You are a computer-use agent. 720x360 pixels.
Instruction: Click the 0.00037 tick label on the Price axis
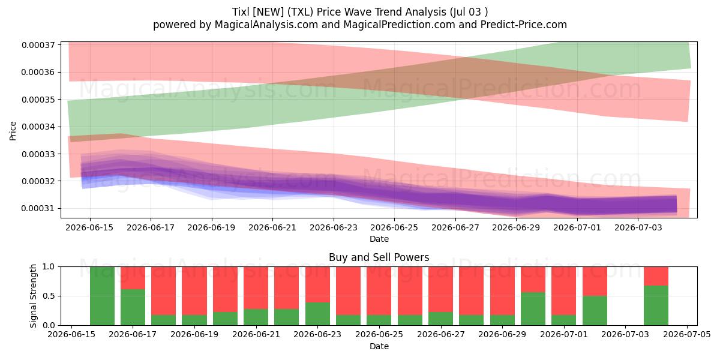(x=38, y=45)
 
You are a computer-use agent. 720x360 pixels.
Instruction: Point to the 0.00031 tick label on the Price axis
(x=38, y=209)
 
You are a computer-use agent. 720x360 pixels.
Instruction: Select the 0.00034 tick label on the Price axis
(x=38, y=127)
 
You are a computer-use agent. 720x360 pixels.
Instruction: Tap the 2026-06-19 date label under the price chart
(x=211, y=227)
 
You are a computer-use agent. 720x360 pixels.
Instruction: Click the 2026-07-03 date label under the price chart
(x=638, y=227)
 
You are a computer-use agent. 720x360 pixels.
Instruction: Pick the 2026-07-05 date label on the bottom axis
(x=687, y=334)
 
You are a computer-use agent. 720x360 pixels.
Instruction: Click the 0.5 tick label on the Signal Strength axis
(x=49, y=296)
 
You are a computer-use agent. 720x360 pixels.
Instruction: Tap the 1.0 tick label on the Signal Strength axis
(x=49, y=267)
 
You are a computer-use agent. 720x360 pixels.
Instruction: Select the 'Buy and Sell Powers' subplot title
(x=379, y=257)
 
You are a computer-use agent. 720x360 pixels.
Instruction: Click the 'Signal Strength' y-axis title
(x=33, y=296)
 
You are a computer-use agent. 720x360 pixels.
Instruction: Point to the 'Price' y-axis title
(x=13, y=131)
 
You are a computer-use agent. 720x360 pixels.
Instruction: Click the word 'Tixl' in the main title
(x=241, y=12)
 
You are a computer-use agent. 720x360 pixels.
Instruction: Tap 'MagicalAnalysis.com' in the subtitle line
(x=266, y=25)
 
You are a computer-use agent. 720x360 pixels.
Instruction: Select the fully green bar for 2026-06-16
(x=102, y=296)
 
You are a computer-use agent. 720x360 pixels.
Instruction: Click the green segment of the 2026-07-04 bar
(x=656, y=305)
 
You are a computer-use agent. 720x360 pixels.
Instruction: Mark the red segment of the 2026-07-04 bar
(x=656, y=276)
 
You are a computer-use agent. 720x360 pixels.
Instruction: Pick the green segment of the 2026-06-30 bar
(x=533, y=308)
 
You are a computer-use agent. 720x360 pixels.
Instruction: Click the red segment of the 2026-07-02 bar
(x=595, y=281)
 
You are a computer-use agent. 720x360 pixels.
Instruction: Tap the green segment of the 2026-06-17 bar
(x=133, y=307)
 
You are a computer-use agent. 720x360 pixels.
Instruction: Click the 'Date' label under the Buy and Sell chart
(x=379, y=346)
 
